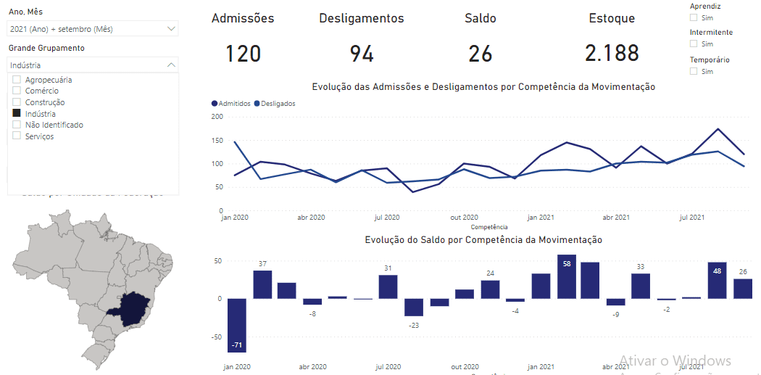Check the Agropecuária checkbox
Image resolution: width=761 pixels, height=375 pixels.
click(17, 80)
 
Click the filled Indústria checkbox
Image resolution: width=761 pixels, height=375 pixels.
click(17, 114)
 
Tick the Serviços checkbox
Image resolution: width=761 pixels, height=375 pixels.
click(17, 136)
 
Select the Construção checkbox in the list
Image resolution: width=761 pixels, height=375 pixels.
click(17, 102)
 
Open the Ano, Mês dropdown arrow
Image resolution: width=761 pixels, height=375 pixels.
click(171, 29)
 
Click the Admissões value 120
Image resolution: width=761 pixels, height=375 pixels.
click(243, 54)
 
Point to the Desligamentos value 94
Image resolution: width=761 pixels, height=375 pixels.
click(361, 54)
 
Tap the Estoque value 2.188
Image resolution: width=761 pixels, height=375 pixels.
click(612, 54)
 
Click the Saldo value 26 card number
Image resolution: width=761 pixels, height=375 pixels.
click(480, 54)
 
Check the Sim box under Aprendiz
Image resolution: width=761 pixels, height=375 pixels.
click(694, 17)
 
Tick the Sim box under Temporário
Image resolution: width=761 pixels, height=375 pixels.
click(694, 72)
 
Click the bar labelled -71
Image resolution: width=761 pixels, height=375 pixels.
click(236, 325)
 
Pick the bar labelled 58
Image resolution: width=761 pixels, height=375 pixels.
click(567, 276)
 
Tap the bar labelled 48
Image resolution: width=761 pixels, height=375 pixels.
click(717, 280)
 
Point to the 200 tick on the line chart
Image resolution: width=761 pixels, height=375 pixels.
click(217, 116)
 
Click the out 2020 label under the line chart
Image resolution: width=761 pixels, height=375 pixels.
click(464, 217)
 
